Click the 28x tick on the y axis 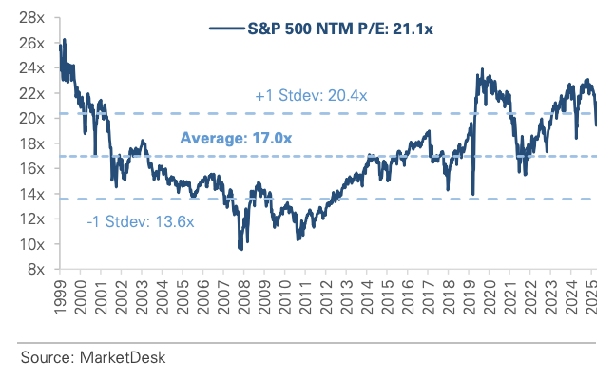(34, 18)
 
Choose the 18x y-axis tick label (34, 143)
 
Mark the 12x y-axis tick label (34, 219)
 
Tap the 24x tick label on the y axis (34, 68)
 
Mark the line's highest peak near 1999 (64, 40)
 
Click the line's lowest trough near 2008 (240, 249)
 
